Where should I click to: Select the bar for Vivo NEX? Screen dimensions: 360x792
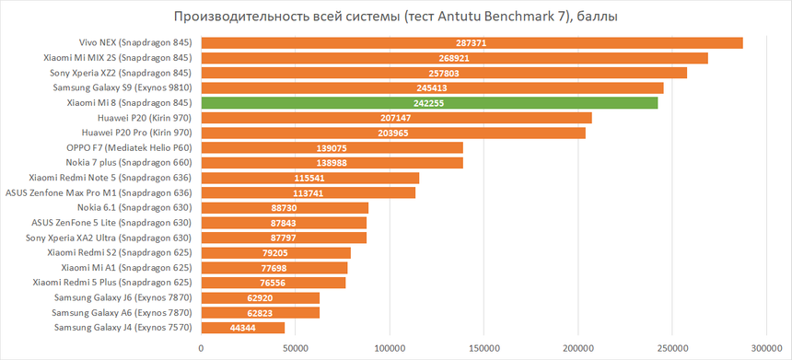coord(472,42)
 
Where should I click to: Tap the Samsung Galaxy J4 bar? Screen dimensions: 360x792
coord(242,327)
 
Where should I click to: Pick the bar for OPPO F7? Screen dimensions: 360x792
coord(332,147)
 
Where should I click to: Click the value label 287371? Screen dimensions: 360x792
coord(471,43)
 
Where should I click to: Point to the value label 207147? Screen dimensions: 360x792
coord(395,118)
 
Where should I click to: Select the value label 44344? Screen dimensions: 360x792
coord(242,328)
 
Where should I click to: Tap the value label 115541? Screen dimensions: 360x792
coord(309,178)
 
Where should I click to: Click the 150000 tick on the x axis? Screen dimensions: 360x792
coord(483,347)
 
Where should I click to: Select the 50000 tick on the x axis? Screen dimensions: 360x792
coord(295,347)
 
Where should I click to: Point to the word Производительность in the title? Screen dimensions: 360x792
coord(232,17)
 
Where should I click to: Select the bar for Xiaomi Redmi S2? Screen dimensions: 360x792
coord(275,252)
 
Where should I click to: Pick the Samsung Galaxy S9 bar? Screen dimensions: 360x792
coord(432,87)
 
